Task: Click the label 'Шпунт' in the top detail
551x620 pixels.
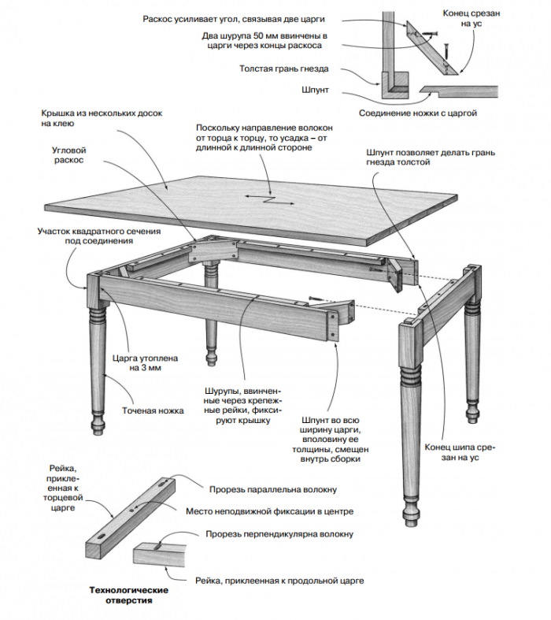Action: tap(315, 90)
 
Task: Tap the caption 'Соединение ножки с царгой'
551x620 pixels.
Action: tap(417, 113)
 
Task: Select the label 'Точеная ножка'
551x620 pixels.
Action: tap(153, 410)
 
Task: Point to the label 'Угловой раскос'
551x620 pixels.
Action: tap(68, 155)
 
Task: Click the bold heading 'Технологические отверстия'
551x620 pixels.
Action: tap(129, 596)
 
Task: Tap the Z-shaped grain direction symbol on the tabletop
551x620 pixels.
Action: tap(270, 199)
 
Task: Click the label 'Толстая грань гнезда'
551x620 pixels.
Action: tap(283, 69)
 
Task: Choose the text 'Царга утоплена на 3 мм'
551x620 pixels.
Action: tap(145, 363)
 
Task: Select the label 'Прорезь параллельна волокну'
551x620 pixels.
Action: tap(273, 489)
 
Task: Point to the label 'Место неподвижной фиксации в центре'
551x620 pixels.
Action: tap(269, 511)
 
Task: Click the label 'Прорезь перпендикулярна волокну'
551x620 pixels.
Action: tap(279, 534)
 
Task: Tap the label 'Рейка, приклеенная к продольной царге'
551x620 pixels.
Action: tap(279, 581)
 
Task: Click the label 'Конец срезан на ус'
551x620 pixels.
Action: tap(471, 19)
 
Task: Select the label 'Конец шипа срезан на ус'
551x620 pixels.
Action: tap(460, 452)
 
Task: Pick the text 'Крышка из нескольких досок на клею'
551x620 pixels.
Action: tap(102, 118)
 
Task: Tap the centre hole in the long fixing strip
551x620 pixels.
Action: tap(132, 510)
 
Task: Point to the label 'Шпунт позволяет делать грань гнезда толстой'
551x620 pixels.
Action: tap(430, 158)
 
